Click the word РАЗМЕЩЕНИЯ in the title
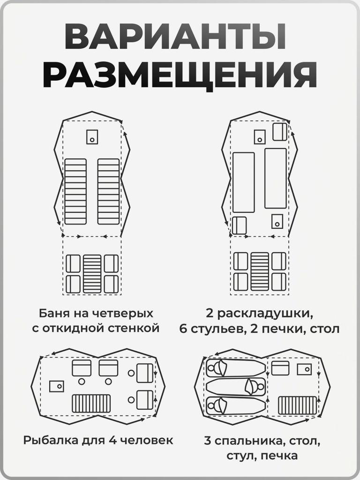[180, 75]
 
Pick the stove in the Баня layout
[92, 136]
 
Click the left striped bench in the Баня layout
[75, 191]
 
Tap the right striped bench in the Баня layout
[108, 191]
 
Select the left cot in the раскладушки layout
[243, 182]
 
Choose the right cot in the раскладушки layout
[276, 178]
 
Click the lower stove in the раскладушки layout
[277, 221]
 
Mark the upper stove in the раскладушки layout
[260, 137]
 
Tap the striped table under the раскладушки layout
[260, 271]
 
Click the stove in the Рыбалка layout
[57, 386]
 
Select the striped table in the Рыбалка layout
[91, 403]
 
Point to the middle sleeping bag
[236, 387]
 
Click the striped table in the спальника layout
[298, 405]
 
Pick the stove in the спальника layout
[305, 369]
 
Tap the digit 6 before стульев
[183, 329]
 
